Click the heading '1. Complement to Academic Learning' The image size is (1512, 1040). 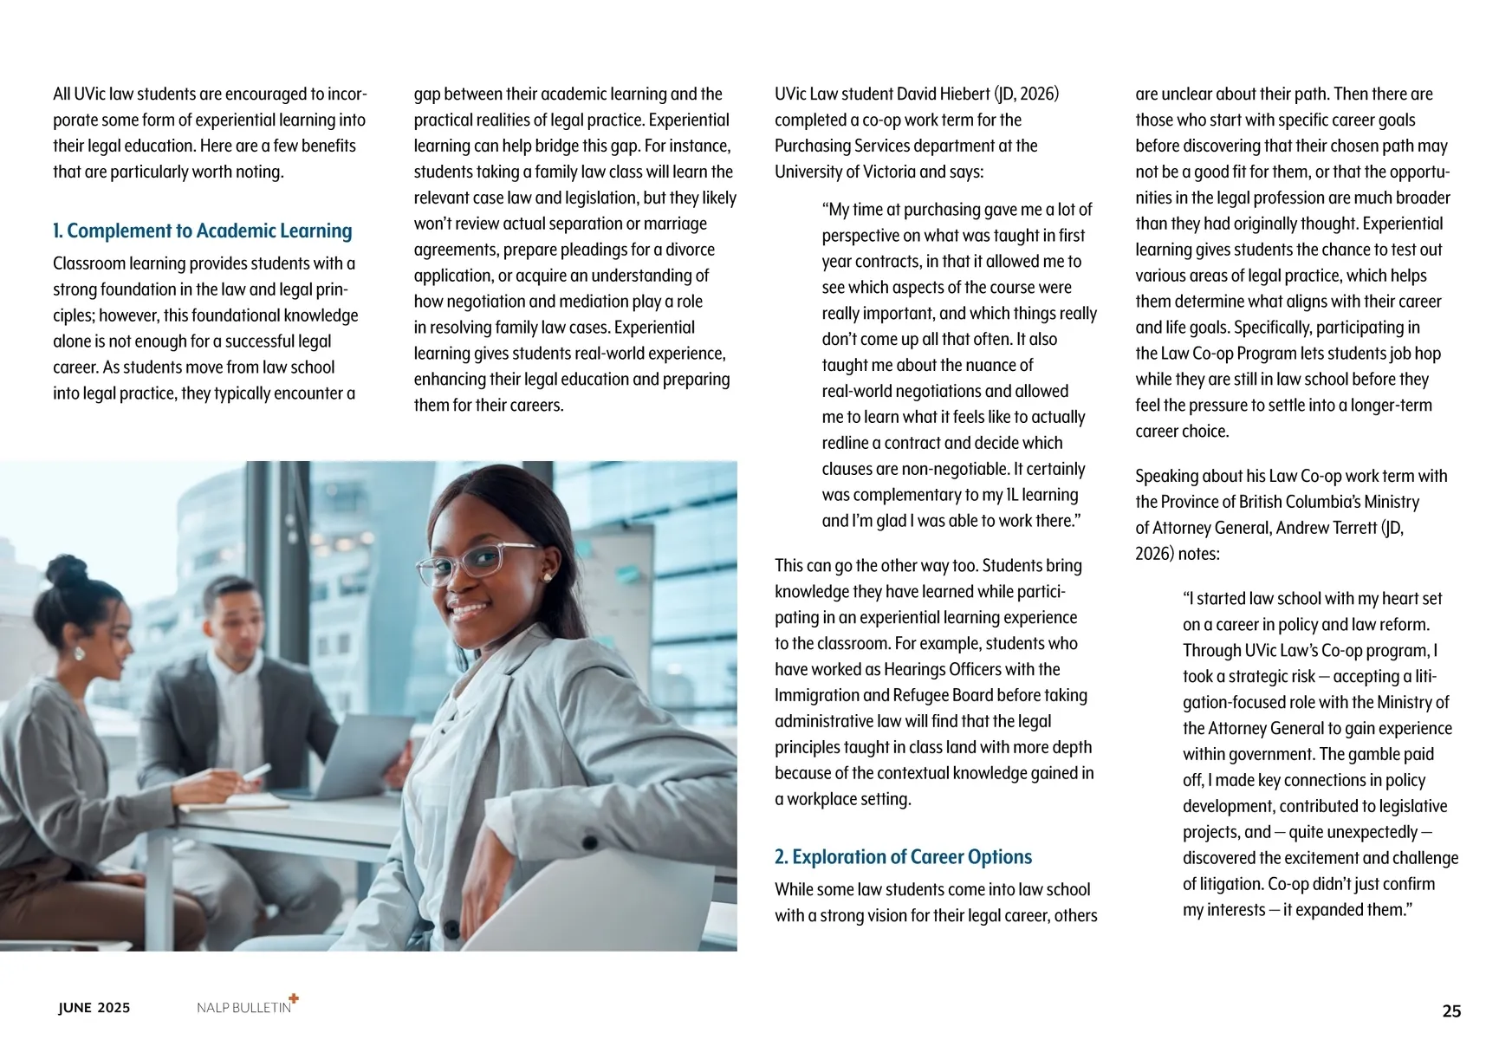pyautogui.click(x=203, y=231)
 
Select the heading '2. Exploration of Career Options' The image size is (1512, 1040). pyautogui.click(x=903, y=857)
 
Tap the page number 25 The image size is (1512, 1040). pyautogui.click(x=1451, y=1011)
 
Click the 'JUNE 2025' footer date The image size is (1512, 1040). pyautogui.click(x=94, y=1007)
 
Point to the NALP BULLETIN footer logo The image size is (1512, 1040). pyautogui.click(x=243, y=1007)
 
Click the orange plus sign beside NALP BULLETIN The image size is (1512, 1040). pyautogui.click(x=294, y=998)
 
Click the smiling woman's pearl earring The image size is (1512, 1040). pyautogui.click(x=548, y=576)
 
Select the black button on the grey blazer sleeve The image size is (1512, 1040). pyautogui.click(x=590, y=842)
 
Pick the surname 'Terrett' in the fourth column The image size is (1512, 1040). pyautogui.click(x=1342, y=528)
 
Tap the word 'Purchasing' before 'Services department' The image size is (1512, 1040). pyautogui.click(x=813, y=146)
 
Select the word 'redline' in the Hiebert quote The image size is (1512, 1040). pyautogui.click(x=845, y=443)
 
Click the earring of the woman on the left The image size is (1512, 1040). pyautogui.click(x=79, y=653)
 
